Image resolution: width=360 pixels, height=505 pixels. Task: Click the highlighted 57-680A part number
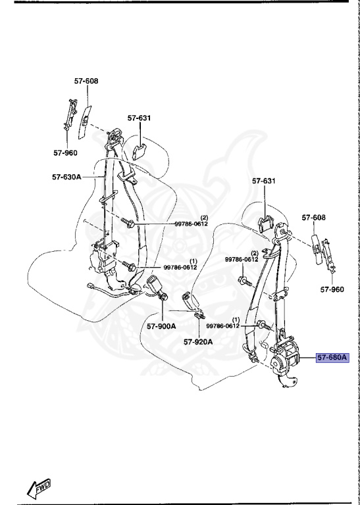(331, 358)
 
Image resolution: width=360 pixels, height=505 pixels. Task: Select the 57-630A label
(66, 176)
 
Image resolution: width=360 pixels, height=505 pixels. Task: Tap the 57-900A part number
(161, 325)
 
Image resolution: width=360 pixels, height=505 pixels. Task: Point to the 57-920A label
(198, 341)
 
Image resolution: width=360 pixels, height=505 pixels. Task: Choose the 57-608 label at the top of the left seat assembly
(86, 81)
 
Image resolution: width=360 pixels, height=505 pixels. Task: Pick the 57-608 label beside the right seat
(314, 217)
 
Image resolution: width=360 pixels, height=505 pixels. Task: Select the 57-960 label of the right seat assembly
(332, 289)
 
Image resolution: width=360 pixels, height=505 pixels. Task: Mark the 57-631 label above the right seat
(264, 181)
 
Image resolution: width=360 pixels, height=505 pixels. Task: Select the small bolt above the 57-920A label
(196, 320)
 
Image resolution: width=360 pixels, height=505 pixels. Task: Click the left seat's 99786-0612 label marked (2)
(191, 224)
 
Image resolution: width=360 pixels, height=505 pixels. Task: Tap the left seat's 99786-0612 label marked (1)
(180, 267)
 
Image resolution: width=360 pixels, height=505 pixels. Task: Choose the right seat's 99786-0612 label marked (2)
(242, 260)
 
